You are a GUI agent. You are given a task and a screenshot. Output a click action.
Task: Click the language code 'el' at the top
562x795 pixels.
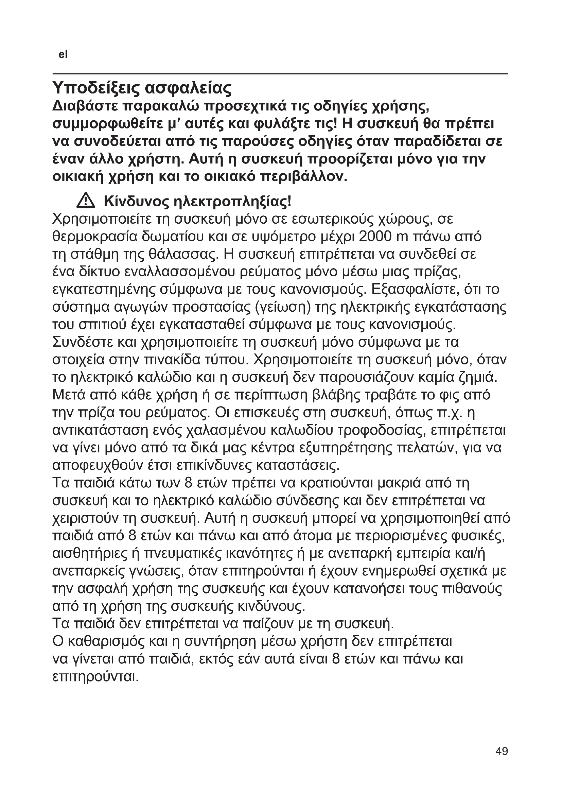coord(63,54)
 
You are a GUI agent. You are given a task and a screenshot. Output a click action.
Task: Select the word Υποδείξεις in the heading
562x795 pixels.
coord(95,89)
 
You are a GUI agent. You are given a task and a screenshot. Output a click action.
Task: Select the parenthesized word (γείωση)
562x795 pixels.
coord(282,308)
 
